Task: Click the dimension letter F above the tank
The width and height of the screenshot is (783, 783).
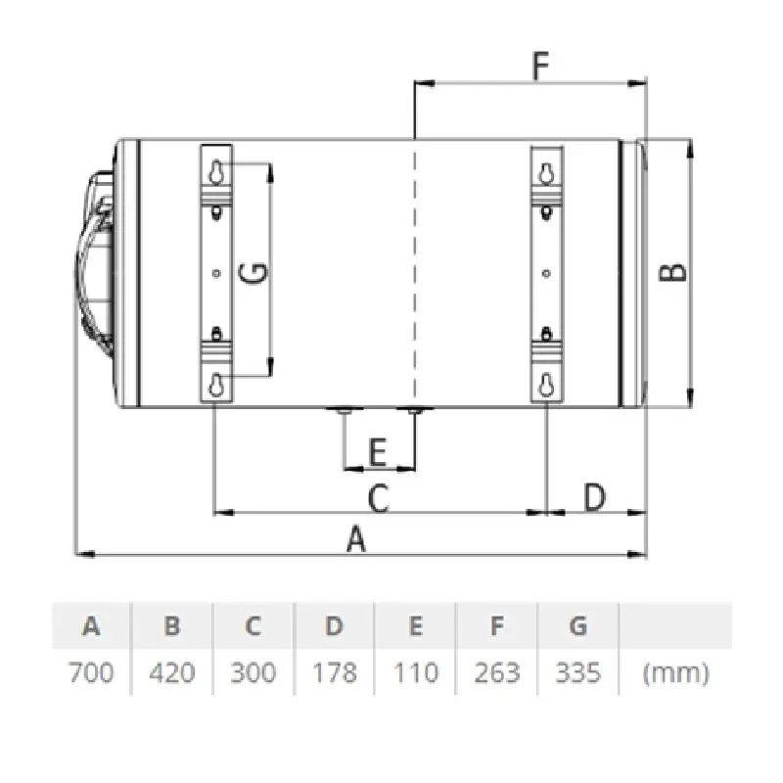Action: [541, 66]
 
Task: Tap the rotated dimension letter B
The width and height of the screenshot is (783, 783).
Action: [673, 273]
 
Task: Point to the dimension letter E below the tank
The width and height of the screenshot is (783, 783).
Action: [378, 451]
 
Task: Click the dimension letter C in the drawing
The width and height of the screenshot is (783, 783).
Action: [379, 497]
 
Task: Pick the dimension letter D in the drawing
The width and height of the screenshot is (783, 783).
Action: [595, 497]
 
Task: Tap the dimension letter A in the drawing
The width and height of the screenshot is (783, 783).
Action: [356, 538]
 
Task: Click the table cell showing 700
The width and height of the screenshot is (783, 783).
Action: [91, 672]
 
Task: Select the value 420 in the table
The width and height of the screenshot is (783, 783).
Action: [172, 672]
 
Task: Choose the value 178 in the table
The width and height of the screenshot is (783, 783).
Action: [334, 672]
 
